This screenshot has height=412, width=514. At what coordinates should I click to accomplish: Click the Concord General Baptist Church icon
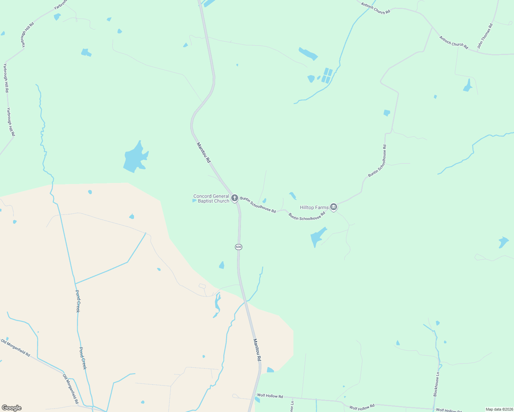click(235, 198)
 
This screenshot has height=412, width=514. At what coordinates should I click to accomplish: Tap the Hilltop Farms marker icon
click(333, 207)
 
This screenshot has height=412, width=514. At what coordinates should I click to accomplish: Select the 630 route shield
click(238, 247)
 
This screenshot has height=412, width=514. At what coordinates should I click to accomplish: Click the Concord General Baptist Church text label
click(211, 198)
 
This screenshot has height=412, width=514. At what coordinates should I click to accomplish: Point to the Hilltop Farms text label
click(314, 207)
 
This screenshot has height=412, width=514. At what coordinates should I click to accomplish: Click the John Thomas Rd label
click(485, 36)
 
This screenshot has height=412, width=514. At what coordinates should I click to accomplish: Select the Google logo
click(12, 408)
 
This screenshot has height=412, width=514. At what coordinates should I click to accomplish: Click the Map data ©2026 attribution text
click(499, 409)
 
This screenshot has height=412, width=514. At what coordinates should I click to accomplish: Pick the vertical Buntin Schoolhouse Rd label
click(377, 161)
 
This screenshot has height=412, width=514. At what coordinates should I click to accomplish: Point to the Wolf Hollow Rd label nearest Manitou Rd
click(270, 396)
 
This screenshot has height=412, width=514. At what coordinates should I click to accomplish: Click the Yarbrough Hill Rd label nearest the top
click(27, 34)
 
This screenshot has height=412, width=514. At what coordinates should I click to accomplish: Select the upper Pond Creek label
click(78, 301)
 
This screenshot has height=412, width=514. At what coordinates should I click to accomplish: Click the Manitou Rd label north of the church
click(203, 152)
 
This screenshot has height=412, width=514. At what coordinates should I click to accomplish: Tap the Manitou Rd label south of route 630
click(257, 350)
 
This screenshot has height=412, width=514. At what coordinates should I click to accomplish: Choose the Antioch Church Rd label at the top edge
click(376, 8)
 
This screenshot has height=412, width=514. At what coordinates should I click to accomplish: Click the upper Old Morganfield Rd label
click(15, 347)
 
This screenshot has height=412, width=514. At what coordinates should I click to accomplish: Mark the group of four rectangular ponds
click(327, 76)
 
